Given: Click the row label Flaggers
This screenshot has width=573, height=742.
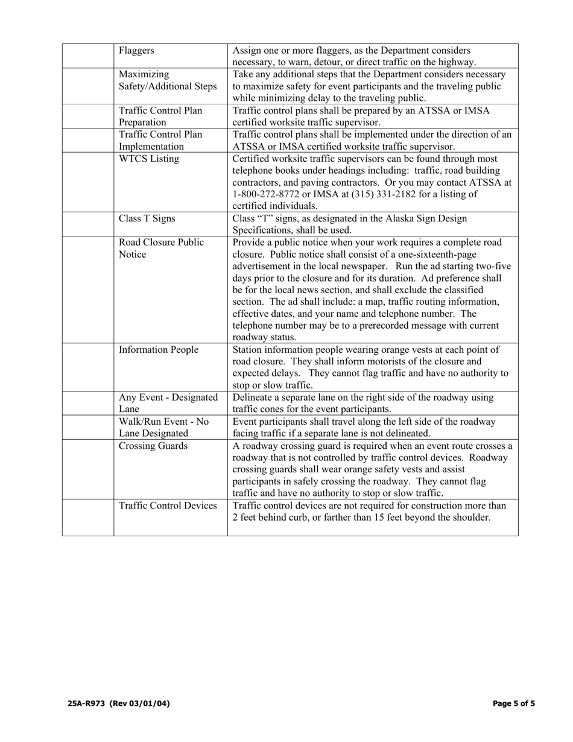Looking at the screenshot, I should (136, 51).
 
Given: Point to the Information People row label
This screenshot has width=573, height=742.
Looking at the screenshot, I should (159, 350).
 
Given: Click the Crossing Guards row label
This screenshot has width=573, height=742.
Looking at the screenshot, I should (153, 446).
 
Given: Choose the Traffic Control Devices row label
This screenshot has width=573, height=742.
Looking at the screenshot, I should (168, 506).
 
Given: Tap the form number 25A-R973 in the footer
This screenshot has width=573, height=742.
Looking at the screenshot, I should (87, 703).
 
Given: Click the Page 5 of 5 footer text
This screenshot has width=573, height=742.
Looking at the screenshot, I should (513, 703).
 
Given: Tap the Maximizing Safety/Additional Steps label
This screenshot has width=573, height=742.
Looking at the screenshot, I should (167, 81).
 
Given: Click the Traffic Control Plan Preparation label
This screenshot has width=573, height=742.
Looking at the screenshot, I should (160, 116).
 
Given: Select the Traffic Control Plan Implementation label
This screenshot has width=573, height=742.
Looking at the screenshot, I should (160, 141).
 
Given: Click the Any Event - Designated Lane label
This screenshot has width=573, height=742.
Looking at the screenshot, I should (168, 404).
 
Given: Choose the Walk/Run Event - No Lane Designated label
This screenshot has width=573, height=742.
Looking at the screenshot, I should (163, 428).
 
